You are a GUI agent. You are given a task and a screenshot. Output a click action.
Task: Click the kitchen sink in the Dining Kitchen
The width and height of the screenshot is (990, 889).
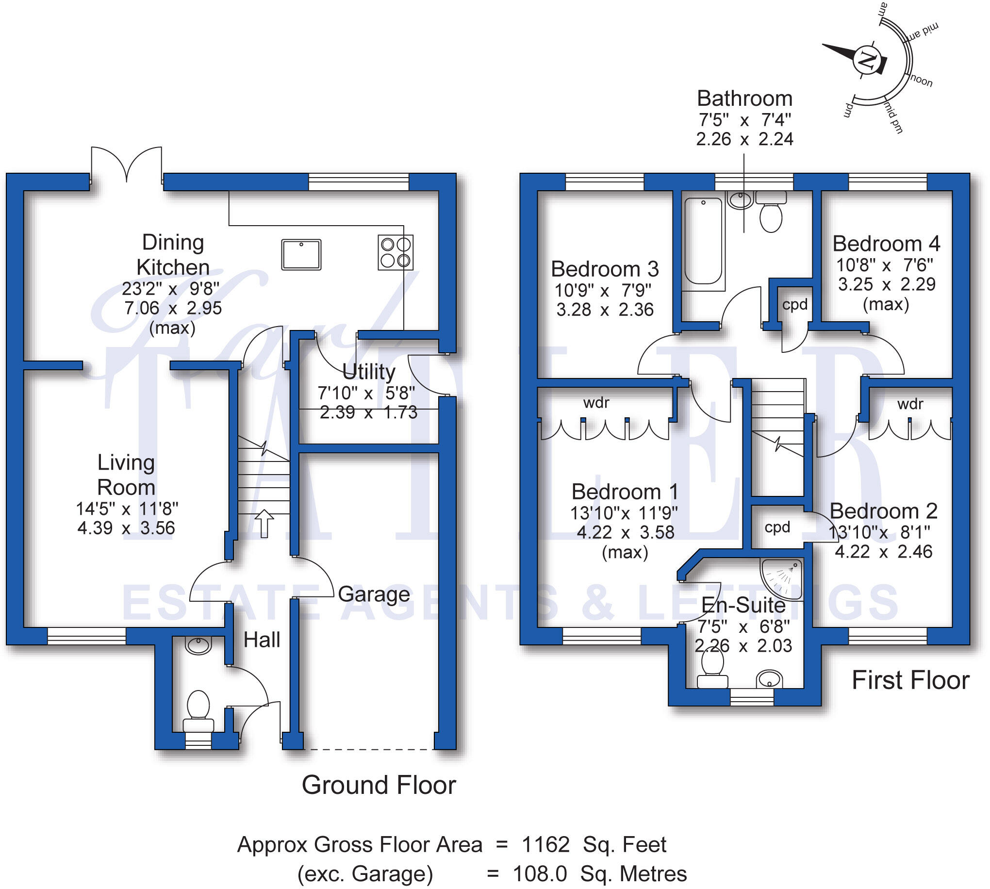click(301, 254)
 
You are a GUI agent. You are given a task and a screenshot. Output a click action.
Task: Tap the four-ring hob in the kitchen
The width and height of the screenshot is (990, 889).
click(395, 252)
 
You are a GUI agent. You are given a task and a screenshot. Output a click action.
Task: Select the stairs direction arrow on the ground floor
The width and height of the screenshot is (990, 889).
click(264, 523)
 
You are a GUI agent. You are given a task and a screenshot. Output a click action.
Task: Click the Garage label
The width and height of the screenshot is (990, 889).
click(374, 594)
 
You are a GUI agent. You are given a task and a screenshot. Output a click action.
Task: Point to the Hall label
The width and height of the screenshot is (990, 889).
click(262, 640)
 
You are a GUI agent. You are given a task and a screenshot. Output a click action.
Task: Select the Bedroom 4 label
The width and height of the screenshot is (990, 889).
click(886, 244)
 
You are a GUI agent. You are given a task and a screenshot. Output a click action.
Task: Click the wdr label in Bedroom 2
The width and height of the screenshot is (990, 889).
click(910, 404)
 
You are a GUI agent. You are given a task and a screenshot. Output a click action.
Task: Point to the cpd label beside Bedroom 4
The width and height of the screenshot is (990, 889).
click(794, 305)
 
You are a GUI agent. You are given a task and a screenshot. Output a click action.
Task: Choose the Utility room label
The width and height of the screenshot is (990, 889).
click(369, 372)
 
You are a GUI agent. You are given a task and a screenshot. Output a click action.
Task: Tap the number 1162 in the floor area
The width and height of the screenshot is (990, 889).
click(545, 844)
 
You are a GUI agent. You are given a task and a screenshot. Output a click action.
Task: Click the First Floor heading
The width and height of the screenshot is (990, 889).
click(910, 680)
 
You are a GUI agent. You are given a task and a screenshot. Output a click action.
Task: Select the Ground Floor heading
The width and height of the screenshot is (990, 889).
click(379, 786)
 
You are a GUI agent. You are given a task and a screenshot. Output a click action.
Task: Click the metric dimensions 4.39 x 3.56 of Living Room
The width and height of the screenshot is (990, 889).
click(126, 528)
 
